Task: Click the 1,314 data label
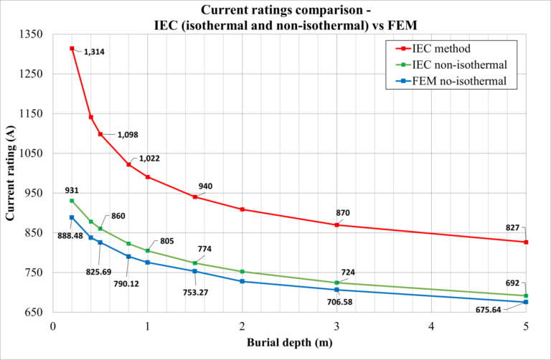point(94,52)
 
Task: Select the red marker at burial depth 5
point(526,242)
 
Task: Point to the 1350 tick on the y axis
point(33,34)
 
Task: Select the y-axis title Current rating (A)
point(11,173)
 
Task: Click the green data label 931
point(71,190)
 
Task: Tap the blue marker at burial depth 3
point(336,290)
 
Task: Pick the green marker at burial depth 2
point(242,272)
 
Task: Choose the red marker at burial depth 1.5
point(195,196)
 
